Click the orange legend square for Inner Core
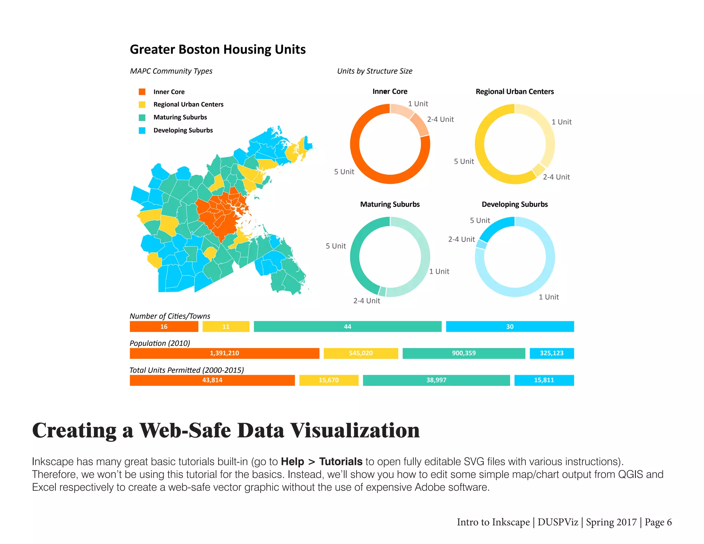[142, 92]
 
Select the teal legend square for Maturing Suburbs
[142, 118]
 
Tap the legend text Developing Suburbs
[183, 130]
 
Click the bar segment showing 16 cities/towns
[164, 327]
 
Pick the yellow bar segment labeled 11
[226, 327]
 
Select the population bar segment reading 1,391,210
[224, 353]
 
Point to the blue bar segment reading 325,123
[551, 353]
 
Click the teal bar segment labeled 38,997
[436, 380]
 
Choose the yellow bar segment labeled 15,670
[329, 380]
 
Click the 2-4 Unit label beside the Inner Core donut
[440, 119]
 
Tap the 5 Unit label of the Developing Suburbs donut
[480, 220]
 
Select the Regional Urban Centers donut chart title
[515, 91]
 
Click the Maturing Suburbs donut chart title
[390, 204]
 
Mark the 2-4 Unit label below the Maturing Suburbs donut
[366, 301]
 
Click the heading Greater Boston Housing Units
[218, 50]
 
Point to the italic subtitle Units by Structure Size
[375, 71]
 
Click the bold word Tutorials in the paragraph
[341, 461]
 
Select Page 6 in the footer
[658, 522]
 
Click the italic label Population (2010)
[160, 343]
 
